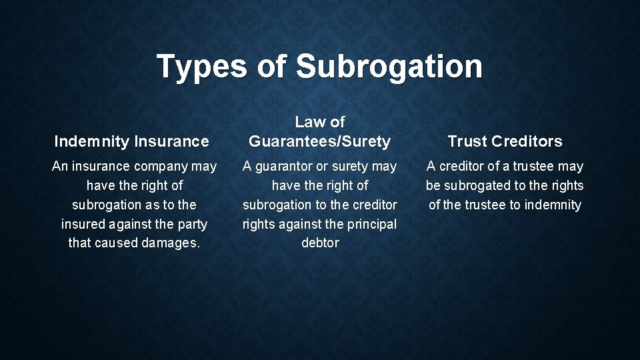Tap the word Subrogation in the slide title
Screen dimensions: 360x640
click(x=389, y=67)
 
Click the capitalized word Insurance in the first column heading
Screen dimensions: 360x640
click(x=171, y=141)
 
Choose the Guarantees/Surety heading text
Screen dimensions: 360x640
click(x=319, y=141)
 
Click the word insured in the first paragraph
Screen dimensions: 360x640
click(x=83, y=224)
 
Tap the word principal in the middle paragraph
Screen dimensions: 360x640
click(x=373, y=224)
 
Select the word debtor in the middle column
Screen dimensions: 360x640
click(x=320, y=243)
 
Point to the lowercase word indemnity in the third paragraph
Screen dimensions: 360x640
click(x=553, y=205)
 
